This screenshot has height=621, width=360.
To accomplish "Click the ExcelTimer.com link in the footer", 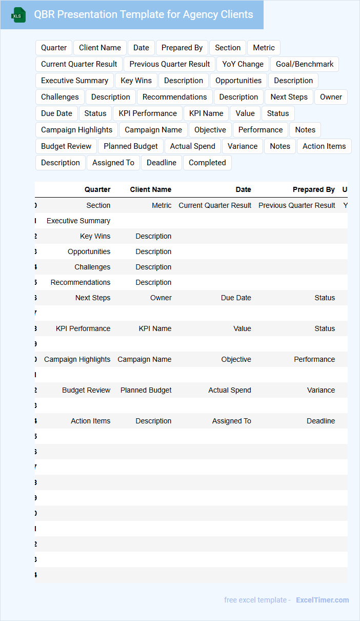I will [x=322, y=600].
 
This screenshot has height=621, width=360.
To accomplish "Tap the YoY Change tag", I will [x=243, y=64].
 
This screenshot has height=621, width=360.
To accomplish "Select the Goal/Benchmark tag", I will [x=305, y=64].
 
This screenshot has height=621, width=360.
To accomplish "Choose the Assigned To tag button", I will [x=113, y=163].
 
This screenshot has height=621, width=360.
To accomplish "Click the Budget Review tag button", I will [x=66, y=146].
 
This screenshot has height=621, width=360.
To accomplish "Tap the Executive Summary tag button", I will [x=74, y=81].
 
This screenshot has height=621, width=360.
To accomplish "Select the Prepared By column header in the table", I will [x=313, y=189].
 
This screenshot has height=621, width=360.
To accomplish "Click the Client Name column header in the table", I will [x=150, y=189].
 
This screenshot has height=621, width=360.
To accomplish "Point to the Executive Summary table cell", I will [x=78, y=221].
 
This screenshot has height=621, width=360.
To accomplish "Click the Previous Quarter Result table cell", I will [x=296, y=205].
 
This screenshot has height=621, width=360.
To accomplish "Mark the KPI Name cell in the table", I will [x=155, y=328].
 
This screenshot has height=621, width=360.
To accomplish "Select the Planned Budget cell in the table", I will [x=146, y=390].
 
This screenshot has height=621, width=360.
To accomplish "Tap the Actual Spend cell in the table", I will [x=229, y=390].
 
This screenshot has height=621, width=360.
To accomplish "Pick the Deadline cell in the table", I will [x=321, y=421].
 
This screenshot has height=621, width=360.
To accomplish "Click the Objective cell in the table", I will [x=236, y=359].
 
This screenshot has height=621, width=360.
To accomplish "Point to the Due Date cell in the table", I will [x=236, y=298].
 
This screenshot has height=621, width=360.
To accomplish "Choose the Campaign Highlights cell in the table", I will [x=77, y=359].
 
